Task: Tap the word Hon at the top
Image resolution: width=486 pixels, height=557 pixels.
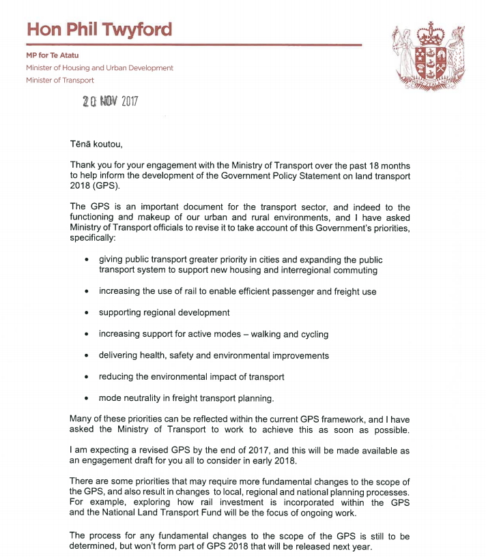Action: click(43, 31)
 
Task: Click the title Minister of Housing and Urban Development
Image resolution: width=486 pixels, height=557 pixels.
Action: click(100, 67)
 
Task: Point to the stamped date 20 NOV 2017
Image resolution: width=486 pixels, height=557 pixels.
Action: click(110, 102)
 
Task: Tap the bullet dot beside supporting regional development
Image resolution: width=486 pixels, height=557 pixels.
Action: click(86, 313)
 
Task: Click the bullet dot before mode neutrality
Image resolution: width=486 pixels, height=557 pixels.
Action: click(86, 399)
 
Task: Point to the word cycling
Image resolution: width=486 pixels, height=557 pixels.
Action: click(313, 334)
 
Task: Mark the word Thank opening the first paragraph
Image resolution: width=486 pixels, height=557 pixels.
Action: click(83, 166)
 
